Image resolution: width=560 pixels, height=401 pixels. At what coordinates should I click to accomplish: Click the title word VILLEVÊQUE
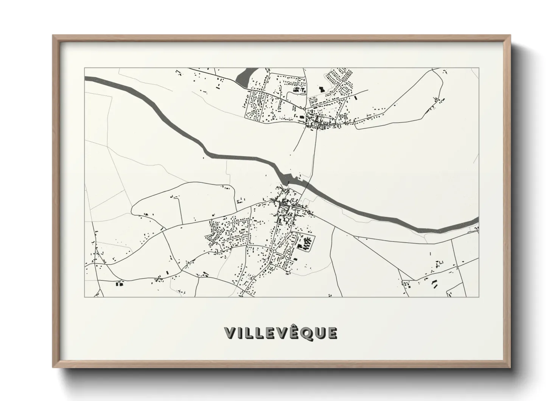click(280, 333)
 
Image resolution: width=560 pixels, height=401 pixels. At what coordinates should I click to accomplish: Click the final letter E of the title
click(332, 334)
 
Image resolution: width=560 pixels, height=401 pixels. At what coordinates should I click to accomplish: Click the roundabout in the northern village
click(305, 109)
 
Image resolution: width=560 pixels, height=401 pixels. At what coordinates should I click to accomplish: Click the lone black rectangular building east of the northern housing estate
click(356, 98)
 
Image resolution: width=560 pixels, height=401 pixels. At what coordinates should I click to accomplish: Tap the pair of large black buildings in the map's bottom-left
click(119, 283)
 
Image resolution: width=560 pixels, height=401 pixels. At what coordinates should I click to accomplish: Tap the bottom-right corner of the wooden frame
click(509, 367)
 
